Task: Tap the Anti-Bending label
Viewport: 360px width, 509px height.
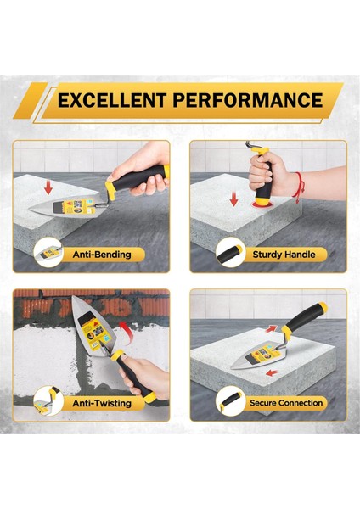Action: [102, 255]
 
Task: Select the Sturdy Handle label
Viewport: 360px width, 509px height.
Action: [284, 255]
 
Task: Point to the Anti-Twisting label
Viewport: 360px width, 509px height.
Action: [102, 404]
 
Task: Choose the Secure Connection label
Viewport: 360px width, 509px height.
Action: [286, 403]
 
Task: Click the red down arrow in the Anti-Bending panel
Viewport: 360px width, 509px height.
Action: [48, 188]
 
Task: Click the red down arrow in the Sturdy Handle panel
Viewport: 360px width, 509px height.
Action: [233, 199]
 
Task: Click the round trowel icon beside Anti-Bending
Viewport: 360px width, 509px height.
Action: [48, 252]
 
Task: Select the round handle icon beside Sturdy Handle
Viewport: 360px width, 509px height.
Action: [230, 252]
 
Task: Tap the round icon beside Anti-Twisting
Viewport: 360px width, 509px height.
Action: [48, 401]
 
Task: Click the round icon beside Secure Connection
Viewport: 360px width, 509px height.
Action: [230, 401]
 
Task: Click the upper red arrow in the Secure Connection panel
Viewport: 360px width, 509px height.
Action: [271, 328]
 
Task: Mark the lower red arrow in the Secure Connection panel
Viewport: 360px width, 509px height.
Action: [272, 373]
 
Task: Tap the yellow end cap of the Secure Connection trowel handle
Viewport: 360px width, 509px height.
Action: [323, 306]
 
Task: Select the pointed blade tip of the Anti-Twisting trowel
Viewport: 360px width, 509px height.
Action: [73, 297]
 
